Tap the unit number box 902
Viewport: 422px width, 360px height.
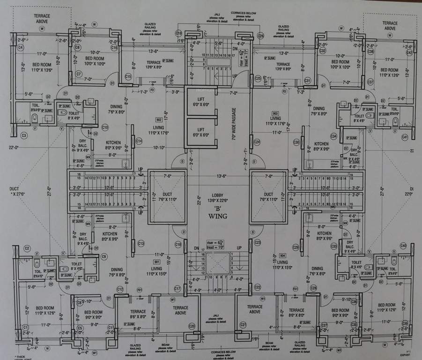pyautogui.click(x=159, y=120)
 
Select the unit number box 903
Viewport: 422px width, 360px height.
pyautogui.click(x=275, y=113)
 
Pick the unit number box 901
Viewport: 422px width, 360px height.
pyautogui.click(x=156, y=261)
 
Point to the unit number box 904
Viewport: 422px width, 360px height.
pyautogui.click(x=282, y=255)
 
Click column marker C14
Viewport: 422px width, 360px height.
pyautogui.click(x=139, y=141)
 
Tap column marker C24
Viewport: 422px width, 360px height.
pyautogui.click(x=257, y=142)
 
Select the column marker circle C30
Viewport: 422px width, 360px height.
pyautogui.click(x=296, y=142)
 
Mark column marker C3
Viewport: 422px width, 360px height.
pyautogui.click(x=24, y=135)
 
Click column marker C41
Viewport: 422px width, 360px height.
pyautogui.click(x=405, y=137)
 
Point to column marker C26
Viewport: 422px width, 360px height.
pyautogui.click(x=260, y=36)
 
